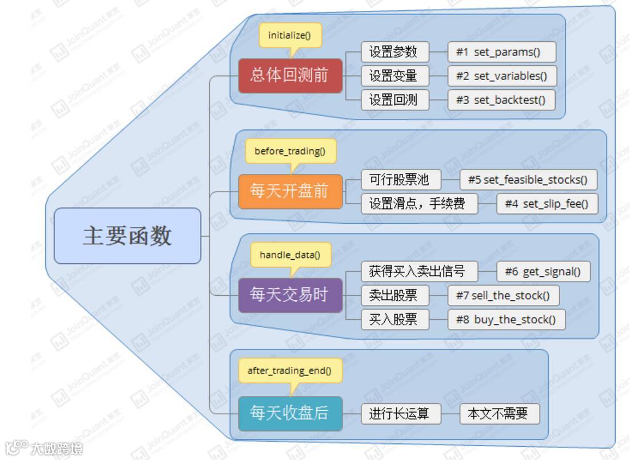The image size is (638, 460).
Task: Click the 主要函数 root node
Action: (127, 236)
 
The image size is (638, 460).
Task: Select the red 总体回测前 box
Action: (290, 76)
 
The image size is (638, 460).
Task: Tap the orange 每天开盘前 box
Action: (290, 191)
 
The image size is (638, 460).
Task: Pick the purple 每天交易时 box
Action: (290, 295)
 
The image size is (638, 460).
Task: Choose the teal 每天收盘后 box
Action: (290, 413)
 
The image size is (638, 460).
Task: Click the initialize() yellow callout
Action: (290, 35)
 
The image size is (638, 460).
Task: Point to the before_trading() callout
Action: (290, 151)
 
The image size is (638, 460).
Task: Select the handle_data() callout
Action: (290, 255)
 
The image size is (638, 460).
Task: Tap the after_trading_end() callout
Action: (290, 371)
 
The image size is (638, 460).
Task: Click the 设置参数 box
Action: (394, 51)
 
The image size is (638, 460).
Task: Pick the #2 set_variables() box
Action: (501, 76)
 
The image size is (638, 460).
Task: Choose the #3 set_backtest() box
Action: (501, 100)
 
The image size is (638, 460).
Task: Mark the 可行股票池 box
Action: (401, 180)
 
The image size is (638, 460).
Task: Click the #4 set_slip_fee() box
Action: (547, 204)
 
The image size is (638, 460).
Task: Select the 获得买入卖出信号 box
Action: (419, 271)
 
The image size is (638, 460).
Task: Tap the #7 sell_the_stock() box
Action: (503, 295)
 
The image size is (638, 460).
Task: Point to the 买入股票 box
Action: (394, 319)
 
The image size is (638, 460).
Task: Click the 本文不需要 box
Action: (499, 414)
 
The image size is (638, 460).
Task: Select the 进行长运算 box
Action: (401, 414)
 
